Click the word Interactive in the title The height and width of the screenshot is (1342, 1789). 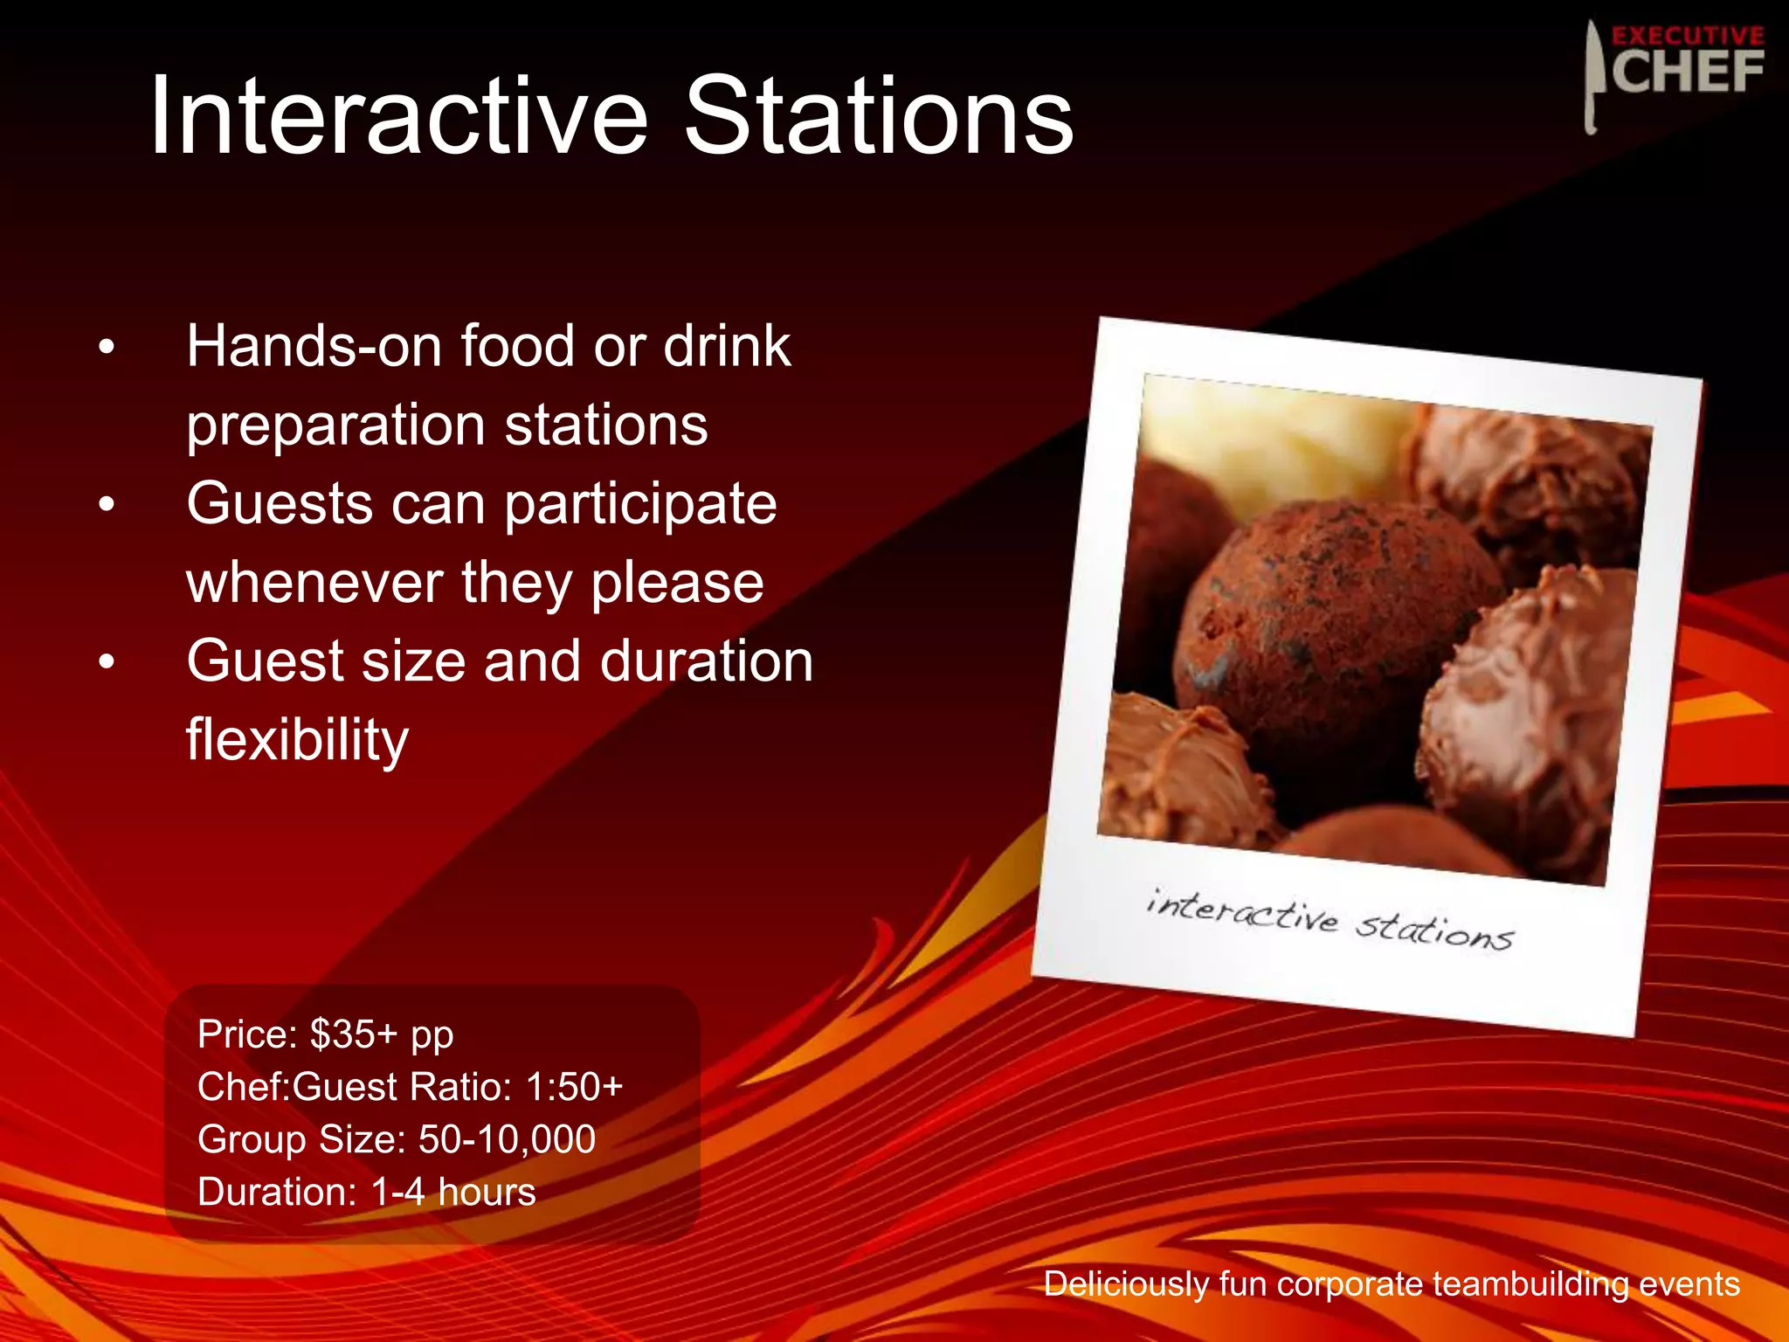point(397,116)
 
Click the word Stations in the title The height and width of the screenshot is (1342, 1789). point(877,116)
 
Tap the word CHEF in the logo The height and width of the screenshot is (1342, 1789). point(1687,72)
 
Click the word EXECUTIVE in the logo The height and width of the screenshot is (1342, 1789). point(1687,36)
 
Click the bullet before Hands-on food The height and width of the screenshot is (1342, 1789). point(107,348)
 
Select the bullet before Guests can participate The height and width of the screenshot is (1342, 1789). point(107,505)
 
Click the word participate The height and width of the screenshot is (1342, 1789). point(640,505)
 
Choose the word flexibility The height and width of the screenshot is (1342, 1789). point(297,739)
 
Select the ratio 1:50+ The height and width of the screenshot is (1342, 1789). point(574,1087)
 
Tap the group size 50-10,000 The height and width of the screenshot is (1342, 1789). point(507,1139)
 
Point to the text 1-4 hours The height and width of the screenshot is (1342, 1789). point(452,1192)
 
